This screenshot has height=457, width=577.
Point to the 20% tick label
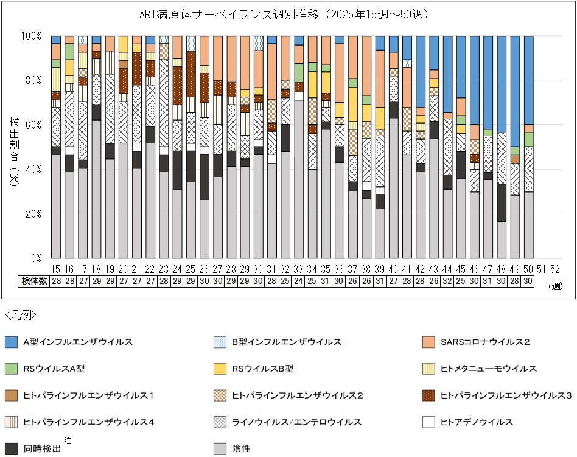click(32, 214)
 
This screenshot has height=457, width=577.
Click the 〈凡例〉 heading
click(21, 315)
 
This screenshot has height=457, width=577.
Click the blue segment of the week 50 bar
click(528, 80)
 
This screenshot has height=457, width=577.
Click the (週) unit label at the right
click(555, 285)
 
